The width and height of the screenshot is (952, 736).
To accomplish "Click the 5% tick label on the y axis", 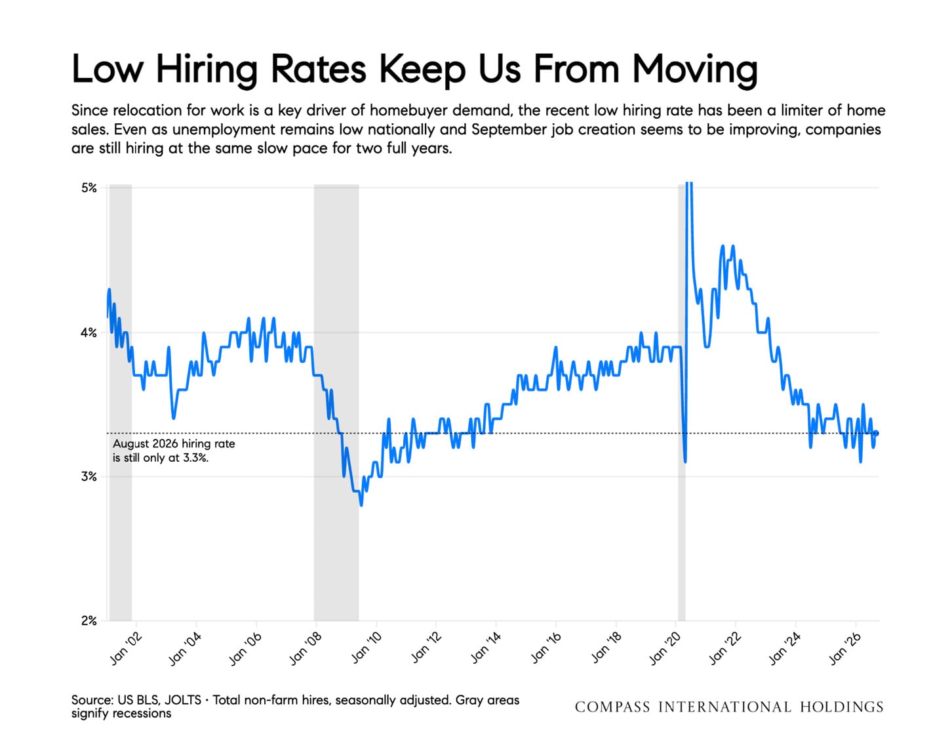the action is (x=89, y=188).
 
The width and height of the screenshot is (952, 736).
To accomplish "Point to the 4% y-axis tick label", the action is (x=89, y=333).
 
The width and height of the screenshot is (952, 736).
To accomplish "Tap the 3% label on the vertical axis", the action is (x=89, y=476).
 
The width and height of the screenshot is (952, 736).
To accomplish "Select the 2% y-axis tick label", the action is (x=89, y=621).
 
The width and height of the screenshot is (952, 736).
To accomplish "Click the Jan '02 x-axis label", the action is (x=126, y=649).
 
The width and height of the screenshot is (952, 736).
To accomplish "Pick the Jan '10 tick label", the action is (x=367, y=649).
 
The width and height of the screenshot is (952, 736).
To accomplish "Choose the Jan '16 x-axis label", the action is (x=546, y=649).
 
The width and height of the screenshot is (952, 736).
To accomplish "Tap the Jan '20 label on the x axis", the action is (x=665, y=649).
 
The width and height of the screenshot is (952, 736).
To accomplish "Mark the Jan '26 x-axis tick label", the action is (x=845, y=649).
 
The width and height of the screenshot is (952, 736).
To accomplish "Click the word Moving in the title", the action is (x=695, y=70).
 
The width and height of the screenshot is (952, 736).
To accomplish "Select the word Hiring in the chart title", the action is (x=207, y=70).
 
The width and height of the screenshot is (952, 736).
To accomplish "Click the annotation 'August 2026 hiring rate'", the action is (x=174, y=443).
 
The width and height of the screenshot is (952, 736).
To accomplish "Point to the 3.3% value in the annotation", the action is (x=195, y=458).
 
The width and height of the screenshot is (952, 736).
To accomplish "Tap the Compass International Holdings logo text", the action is (x=729, y=707).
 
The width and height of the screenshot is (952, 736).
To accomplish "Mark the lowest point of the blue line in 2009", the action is (x=361, y=505).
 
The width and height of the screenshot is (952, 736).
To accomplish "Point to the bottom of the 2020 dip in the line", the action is (x=685, y=462).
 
